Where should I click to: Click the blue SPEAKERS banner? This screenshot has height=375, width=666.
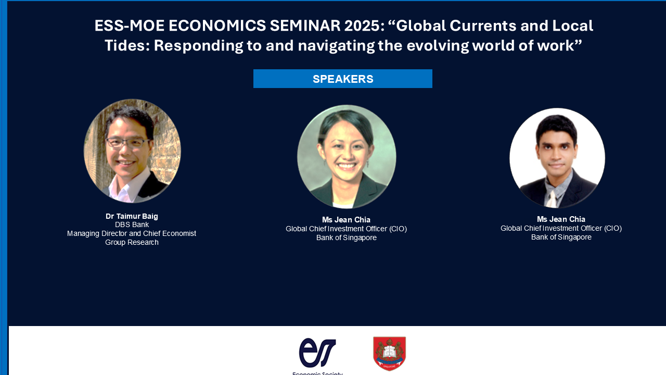tap(343, 79)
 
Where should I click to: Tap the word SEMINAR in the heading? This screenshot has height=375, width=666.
tap(305, 26)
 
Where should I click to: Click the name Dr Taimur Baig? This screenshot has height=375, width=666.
tap(132, 216)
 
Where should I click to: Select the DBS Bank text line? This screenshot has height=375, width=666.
tap(132, 224)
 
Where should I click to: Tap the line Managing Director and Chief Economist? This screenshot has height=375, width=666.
tap(132, 234)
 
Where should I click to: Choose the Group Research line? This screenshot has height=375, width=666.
tap(132, 243)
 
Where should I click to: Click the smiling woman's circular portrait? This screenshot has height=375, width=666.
tap(347, 157)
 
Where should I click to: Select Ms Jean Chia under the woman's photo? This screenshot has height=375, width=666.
tap(346, 220)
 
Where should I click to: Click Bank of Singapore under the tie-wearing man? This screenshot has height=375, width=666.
tap(561, 237)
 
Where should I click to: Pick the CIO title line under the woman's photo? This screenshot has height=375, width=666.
tap(346, 229)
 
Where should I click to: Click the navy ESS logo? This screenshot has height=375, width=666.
tap(317, 353)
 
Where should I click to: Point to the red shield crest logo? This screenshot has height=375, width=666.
tap(390, 353)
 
